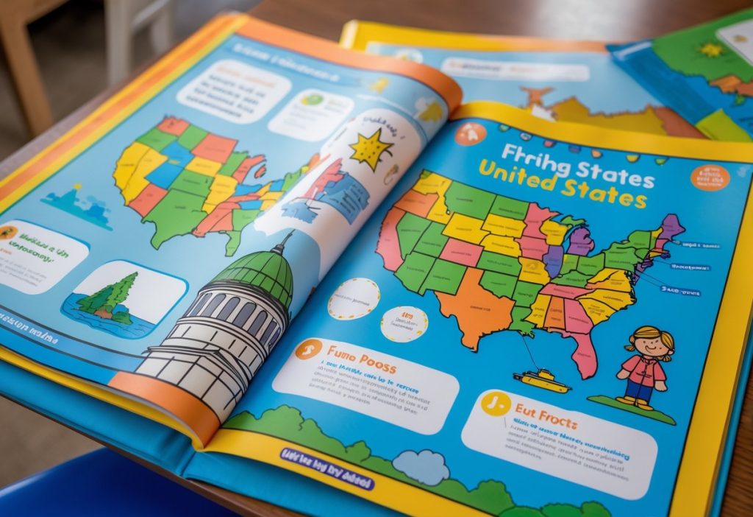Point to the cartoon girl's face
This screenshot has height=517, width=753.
click(x=651, y=343)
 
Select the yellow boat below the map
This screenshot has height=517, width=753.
click(x=542, y=379)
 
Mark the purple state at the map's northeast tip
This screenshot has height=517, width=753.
click(x=671, y=226)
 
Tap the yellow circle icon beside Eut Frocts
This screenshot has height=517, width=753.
click(x=495, y=404)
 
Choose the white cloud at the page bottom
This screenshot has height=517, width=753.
click(x=420, y=467)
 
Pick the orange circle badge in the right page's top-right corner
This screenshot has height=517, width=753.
click(x=709, y=177)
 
